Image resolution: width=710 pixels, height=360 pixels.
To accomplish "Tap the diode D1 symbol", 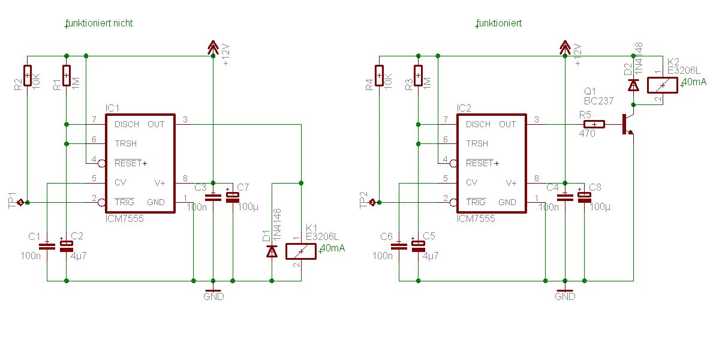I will coord(272,252).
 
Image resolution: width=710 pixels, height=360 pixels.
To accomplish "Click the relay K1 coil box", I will coord(301,251).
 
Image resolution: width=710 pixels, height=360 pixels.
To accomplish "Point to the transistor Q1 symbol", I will coord(627,124).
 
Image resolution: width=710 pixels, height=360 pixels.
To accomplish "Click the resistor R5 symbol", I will coord(592,124).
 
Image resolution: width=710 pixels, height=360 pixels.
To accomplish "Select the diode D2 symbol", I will coord(633,85).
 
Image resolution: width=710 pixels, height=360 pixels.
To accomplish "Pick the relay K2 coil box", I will coord(663,85).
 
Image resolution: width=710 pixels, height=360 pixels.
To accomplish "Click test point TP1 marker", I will coord(21,202).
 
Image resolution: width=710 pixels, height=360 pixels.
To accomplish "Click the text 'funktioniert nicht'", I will coord(100,23).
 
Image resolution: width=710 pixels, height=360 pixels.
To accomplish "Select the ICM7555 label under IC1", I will coord(124,219).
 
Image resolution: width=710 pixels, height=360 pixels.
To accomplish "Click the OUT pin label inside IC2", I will coord(507,124).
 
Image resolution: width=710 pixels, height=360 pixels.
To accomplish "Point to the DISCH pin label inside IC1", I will coord(127,124).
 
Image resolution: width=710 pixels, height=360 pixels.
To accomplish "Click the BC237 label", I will coord(598,101).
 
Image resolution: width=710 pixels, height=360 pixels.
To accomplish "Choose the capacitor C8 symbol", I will coord(584,196).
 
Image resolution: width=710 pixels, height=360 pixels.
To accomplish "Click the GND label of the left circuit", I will coord(213,296).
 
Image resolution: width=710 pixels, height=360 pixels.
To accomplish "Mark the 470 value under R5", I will coord(587,134).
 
